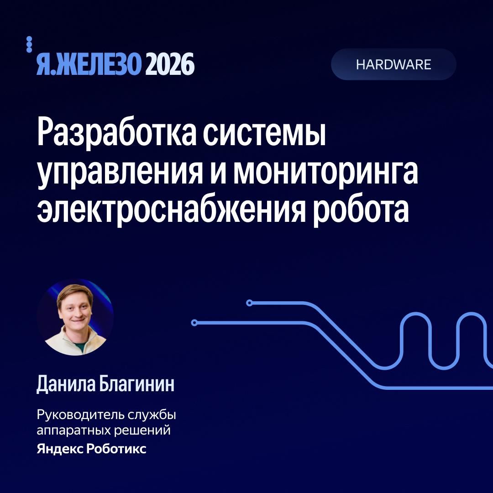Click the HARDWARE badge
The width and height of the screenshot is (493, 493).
(393, 64)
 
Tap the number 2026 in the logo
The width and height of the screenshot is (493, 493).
(170, 64)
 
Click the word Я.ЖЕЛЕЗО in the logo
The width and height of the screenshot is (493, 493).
(89, 64)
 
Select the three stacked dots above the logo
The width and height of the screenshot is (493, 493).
(29, 44)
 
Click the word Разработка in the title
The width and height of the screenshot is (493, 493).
(117, 133)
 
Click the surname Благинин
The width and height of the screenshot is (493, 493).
(137, 384)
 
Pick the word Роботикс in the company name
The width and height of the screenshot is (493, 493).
(116, 449)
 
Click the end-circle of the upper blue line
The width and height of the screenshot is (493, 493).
(249, 303)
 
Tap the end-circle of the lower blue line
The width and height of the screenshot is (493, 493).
(194, 323)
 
